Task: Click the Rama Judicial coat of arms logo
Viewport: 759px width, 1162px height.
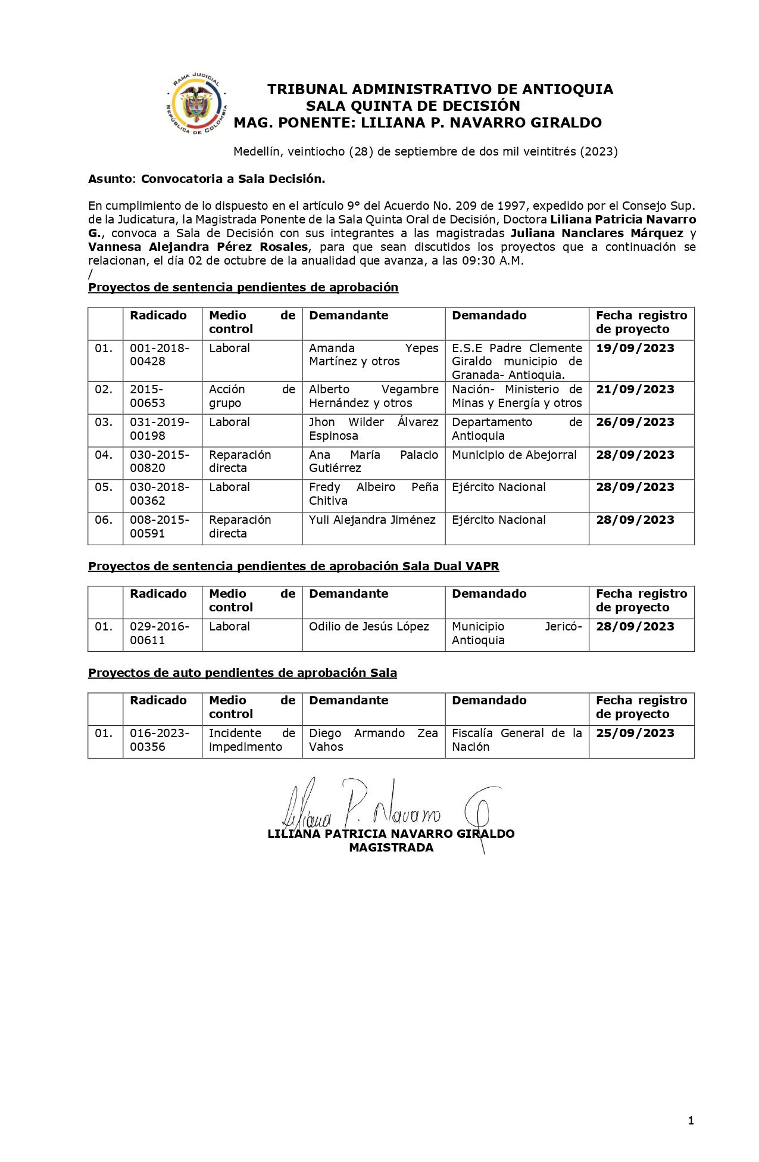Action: [196, 105]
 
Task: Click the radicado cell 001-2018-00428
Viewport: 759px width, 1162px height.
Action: [160, 355]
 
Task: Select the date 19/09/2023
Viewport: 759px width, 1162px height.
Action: [635, 348]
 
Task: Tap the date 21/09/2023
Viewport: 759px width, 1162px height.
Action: [635, 389]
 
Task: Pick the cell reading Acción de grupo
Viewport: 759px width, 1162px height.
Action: [251, 396]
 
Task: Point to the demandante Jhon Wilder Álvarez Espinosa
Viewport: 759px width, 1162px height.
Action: [373, 429]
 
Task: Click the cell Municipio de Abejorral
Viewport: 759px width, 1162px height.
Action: [514, 455]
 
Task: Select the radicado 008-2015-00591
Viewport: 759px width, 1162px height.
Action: [160, 527]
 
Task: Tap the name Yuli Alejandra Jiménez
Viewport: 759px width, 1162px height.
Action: [372, 520]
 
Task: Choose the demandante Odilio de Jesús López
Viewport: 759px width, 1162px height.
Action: [368, 626]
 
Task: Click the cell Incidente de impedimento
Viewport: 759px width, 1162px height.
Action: [251, 740]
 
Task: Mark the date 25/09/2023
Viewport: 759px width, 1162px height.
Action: [635, 733]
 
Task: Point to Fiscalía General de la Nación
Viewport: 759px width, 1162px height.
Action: [516, 740]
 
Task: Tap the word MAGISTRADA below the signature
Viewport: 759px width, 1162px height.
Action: [391, 847]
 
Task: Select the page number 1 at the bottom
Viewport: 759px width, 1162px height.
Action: [691, 1121]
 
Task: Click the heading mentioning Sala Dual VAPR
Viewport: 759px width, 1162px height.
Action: [293, 566]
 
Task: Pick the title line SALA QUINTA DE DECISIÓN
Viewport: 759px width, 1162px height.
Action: [413, 106]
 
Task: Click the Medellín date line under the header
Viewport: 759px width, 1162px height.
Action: [425, 151]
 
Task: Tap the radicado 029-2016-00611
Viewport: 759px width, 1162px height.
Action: [160, 633]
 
